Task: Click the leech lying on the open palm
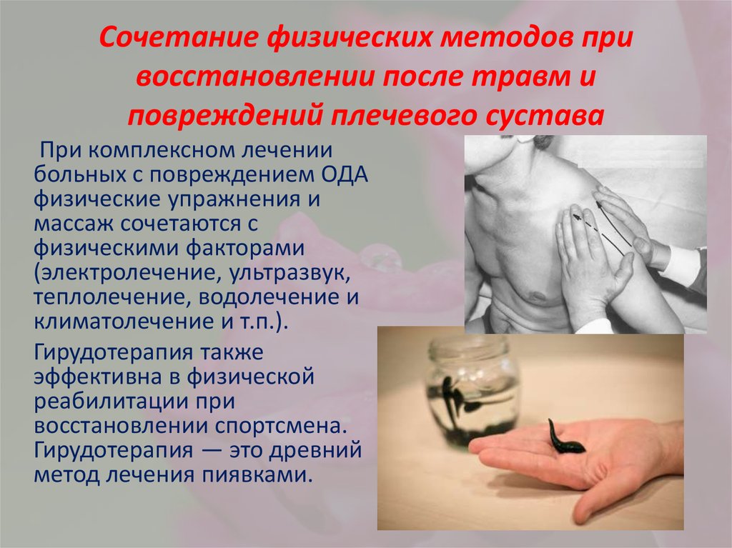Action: (564, 437)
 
